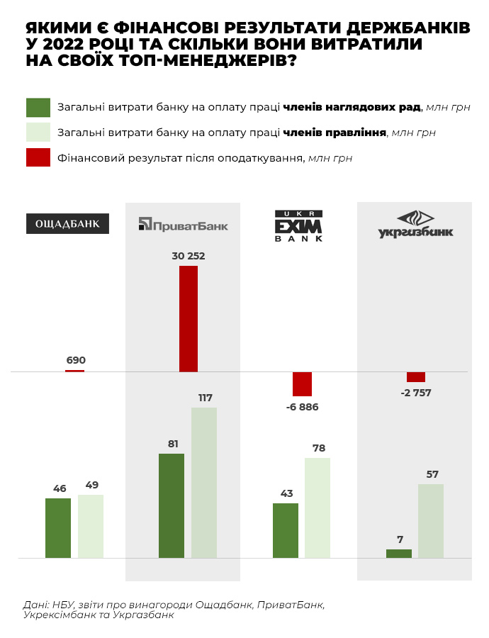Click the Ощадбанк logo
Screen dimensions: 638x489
point(68,223)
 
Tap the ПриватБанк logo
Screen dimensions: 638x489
point(183,224)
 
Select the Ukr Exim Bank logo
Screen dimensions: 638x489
point(298,226)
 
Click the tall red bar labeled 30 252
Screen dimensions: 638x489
point(189,318)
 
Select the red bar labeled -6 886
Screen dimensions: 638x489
point(302,384)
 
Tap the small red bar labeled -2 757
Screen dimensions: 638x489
point(415,376)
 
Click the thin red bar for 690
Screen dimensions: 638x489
point(75,371)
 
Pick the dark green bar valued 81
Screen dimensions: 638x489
point(172,505)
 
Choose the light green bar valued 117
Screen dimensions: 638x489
point(204,482)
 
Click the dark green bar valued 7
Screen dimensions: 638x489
point(399,554)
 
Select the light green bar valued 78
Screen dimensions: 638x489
point(317,508)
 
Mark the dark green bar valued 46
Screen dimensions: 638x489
point(58,528)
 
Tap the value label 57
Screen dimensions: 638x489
point(431,473)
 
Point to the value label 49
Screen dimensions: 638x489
point(91,486)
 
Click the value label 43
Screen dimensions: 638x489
point(286,493)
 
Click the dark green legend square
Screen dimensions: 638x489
point(38,107)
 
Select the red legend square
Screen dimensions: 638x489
point(38,157)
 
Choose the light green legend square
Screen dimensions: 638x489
point(38,132)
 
